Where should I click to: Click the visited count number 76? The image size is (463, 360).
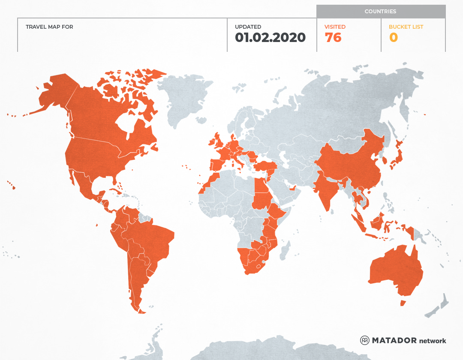click(333, 38)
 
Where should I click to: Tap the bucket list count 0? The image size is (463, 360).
click(393, 38)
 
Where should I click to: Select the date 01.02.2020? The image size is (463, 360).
click(270, 38)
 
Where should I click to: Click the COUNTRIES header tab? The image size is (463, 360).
click(380, 12)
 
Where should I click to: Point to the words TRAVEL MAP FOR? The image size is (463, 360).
click(49, 27)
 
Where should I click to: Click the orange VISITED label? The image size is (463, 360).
click(335, 27)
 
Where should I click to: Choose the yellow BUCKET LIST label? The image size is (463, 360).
click(406, 27)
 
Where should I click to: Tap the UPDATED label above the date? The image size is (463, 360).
click(248, 27)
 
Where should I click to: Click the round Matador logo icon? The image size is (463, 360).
click(364, 340)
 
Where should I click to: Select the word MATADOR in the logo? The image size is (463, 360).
click(394, 340)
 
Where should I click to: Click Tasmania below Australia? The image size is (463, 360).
click(403, 303)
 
